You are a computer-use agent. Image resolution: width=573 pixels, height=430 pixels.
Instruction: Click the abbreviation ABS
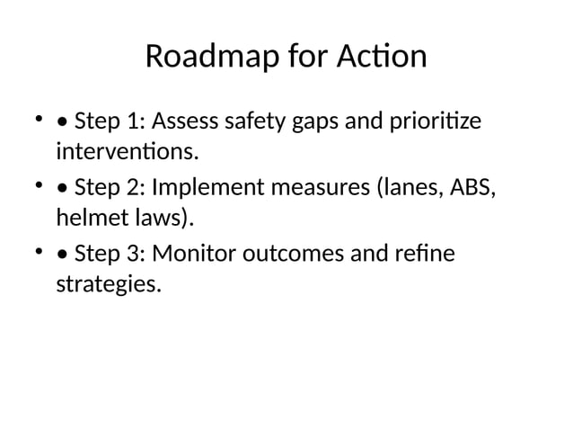(x=471, y=189)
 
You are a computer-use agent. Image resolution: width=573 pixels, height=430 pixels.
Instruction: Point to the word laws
(x=162, y=217)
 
